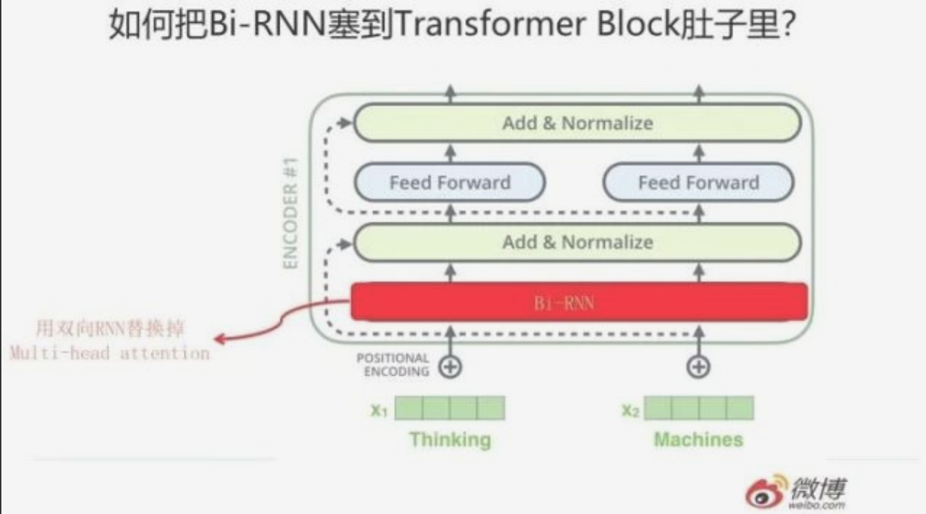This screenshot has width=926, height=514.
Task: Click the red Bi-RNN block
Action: [579, 302]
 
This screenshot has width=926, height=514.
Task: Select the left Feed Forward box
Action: [450, 182]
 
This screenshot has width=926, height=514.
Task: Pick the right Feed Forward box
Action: [699, 182]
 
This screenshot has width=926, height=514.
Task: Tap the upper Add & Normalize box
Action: [578, 124]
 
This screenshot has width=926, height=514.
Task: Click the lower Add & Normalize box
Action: [578, 242]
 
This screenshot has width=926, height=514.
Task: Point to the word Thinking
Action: [450, 439]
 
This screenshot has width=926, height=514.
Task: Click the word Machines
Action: [699, 439]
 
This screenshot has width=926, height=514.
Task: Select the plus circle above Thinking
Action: [451, 367]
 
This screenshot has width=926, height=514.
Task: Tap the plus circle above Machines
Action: [699, 367]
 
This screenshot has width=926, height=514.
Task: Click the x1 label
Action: [379, 410]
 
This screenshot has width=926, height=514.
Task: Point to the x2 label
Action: [630, 410]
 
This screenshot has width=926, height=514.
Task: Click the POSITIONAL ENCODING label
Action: [393, 365]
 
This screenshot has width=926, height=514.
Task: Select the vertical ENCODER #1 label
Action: [291, 214]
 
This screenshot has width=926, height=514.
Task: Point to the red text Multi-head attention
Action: [109, 354]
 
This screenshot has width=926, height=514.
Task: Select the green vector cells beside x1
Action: [450, 408]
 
